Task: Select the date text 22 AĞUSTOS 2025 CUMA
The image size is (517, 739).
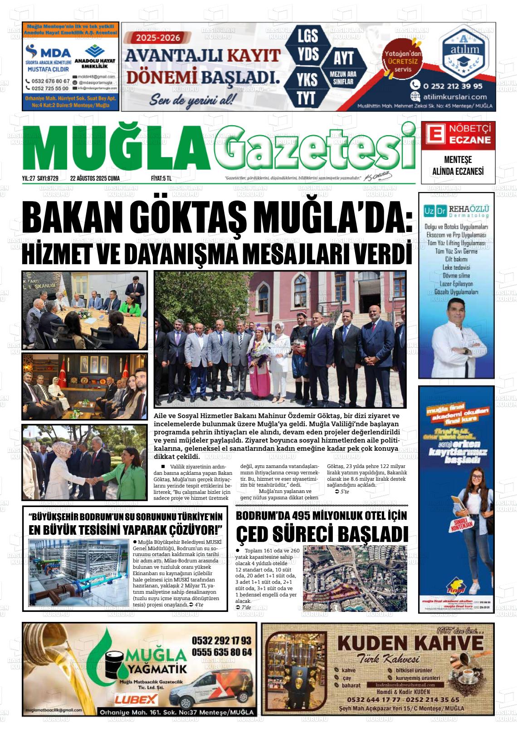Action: click(95, 178)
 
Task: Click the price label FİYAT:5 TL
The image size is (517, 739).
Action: click(161, 178)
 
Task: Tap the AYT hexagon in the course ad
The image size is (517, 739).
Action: click(343, 58)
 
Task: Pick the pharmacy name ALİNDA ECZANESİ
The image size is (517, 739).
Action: click(458, 171)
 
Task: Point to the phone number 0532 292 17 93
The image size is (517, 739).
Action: click(221, 640)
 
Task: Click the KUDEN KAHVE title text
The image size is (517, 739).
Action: click(410, 643)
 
